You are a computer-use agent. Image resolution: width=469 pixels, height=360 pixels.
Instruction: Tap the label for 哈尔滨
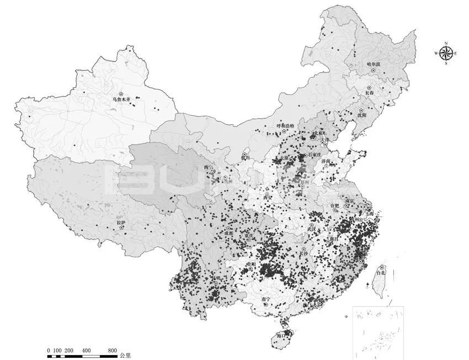[374, 65]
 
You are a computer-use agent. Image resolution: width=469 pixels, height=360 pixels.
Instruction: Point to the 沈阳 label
[361, 115]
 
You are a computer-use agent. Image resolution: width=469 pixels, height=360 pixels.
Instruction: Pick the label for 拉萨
[121, 223]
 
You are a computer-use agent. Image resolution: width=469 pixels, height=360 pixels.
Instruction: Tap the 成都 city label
[228, 234]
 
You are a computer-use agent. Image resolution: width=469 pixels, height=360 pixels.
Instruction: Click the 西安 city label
[268, 197]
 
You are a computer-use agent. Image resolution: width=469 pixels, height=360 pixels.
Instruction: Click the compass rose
[446, 53]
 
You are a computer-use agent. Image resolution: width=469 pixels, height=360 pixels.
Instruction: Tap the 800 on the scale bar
[112, 351]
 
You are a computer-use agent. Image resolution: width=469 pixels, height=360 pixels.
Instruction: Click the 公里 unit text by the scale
[126, 355]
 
